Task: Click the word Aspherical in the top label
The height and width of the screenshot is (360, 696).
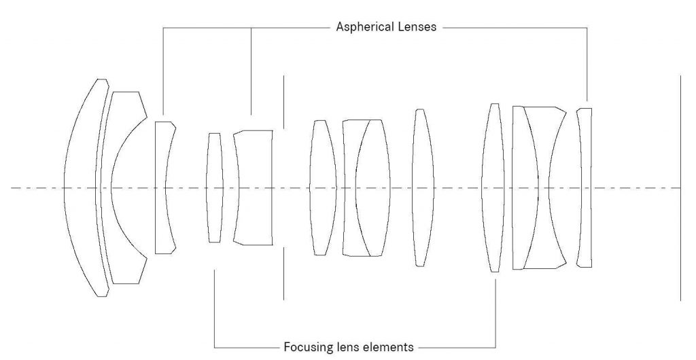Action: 364,27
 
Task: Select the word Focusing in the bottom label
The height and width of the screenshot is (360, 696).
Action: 306,346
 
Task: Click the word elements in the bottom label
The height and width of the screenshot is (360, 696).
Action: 386,346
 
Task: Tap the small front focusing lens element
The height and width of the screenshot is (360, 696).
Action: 215,187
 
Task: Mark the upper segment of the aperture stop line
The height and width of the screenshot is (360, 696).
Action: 283,102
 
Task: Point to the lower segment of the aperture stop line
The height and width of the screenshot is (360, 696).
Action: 283,273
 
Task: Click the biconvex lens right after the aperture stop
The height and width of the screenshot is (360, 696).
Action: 323,187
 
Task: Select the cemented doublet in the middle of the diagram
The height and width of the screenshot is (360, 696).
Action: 366,187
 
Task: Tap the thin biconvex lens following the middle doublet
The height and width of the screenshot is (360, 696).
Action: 423,187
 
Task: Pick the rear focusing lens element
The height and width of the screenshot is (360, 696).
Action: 493,187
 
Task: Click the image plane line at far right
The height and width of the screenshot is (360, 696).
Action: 680,188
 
